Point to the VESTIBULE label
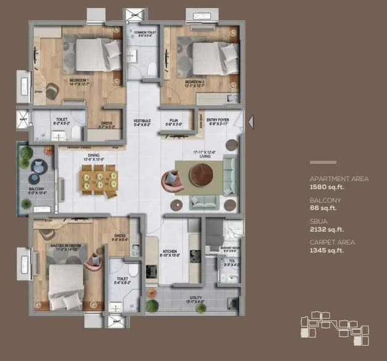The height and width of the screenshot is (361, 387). click(x=142, y=122)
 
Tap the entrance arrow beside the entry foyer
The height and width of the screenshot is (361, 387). click(x=250, y=123)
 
